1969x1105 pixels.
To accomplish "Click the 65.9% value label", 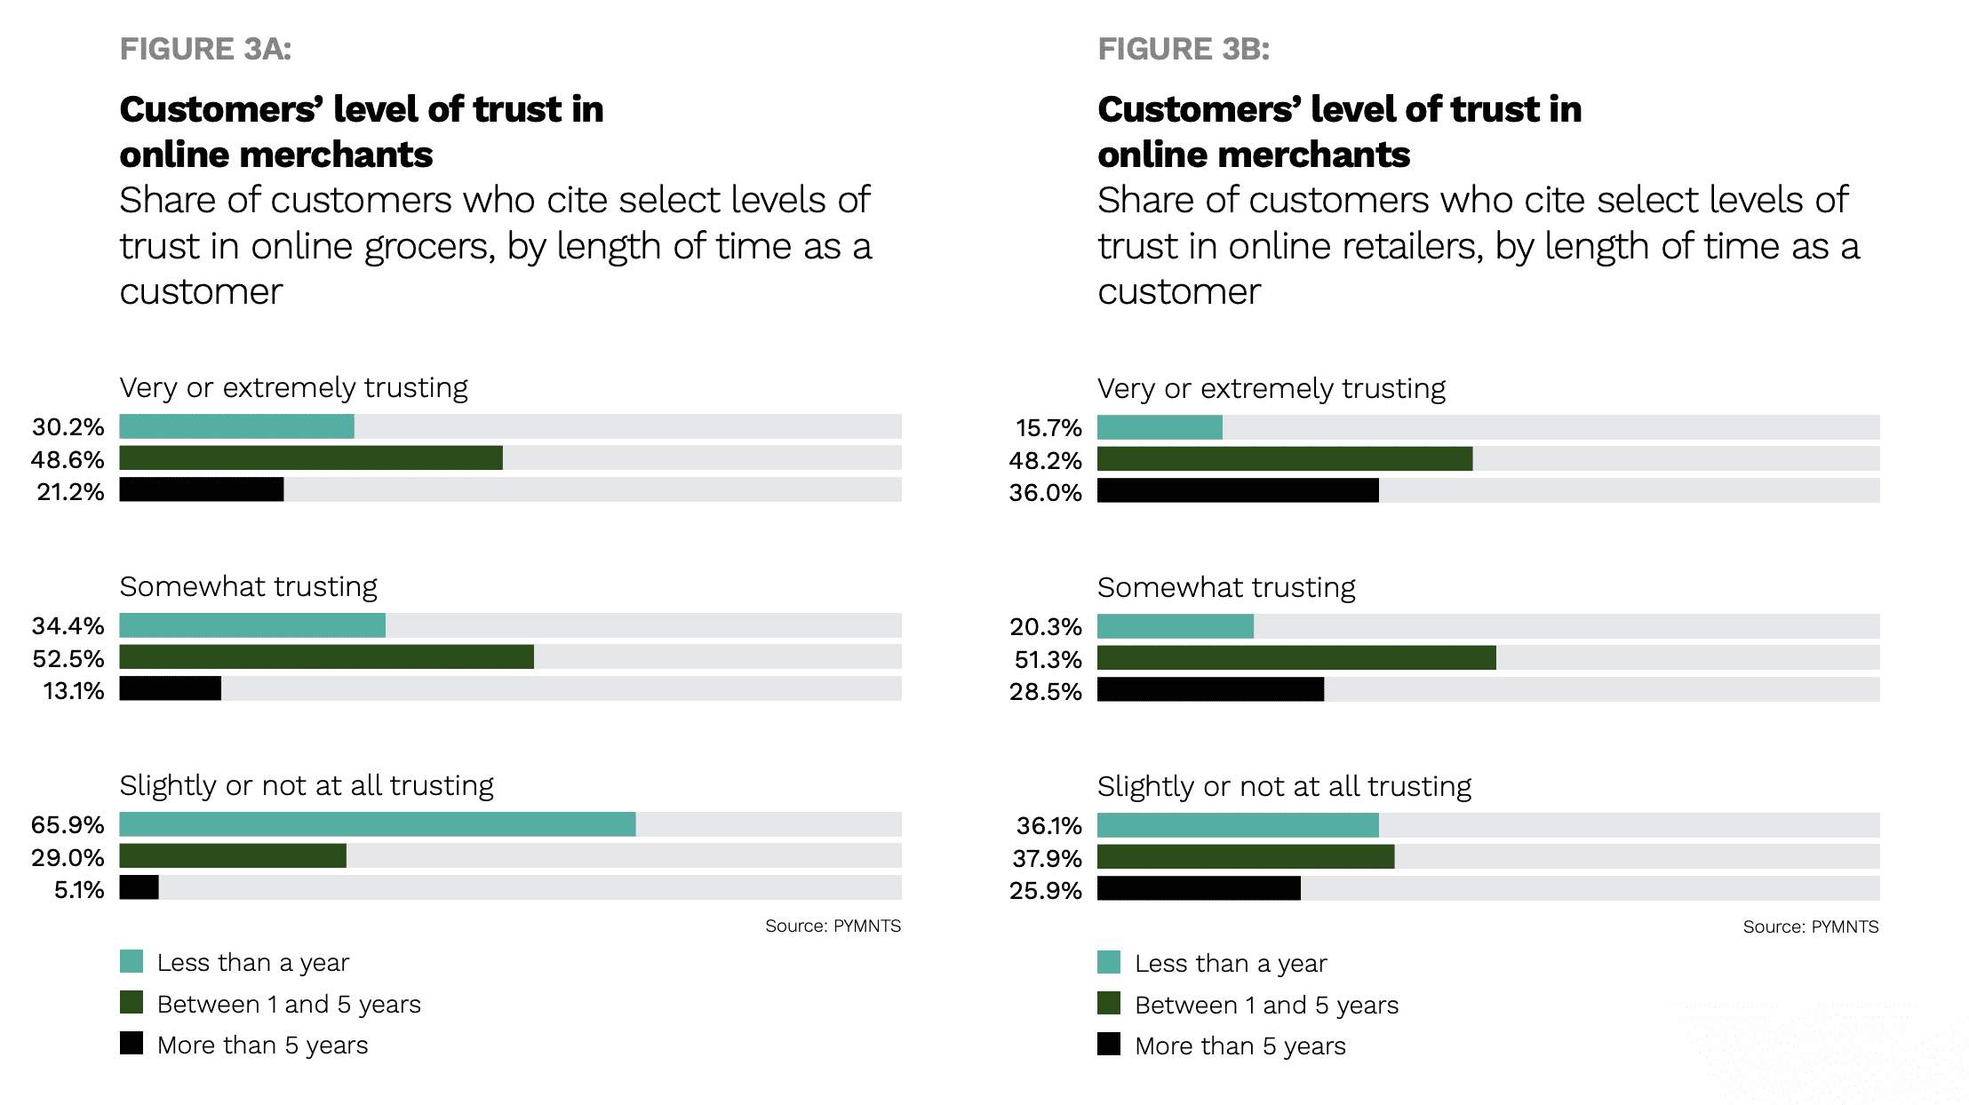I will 68,825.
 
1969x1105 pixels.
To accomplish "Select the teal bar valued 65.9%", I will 378,824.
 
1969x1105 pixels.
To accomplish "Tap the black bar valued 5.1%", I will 139,887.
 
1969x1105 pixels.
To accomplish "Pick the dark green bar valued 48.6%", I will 311,458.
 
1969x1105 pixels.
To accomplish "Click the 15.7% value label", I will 1048,428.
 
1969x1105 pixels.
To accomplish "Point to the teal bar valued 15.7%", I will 1160,427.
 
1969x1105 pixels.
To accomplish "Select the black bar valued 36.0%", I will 1238,491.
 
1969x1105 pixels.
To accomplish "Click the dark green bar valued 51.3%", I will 1296,658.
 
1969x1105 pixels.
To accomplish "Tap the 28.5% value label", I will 1045,692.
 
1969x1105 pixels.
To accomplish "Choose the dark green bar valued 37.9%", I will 1246,857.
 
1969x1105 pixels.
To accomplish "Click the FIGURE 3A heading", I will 206,49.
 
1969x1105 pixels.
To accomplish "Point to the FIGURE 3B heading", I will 1184,49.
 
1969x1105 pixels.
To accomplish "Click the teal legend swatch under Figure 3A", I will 132,962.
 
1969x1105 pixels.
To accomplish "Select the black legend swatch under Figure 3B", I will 1109,1045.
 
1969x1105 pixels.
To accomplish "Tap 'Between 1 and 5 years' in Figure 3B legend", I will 1266,1006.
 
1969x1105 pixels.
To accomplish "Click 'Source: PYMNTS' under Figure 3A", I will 833,926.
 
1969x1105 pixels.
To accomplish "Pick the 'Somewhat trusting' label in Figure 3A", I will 249,587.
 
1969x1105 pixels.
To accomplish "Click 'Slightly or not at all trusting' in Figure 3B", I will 1284,787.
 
